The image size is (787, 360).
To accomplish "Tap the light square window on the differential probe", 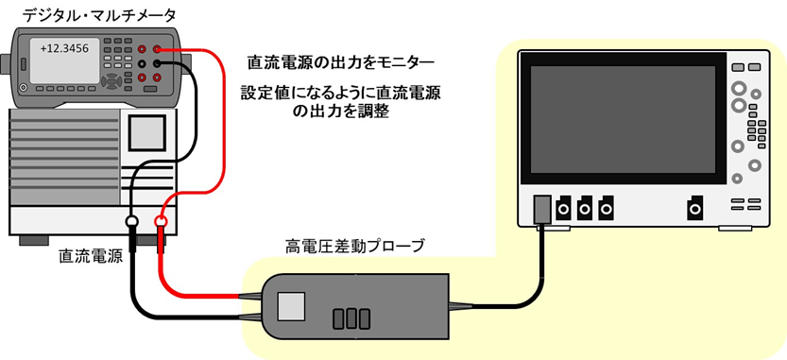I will coord(292,304).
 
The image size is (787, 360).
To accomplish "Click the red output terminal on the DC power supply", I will coord(162,224).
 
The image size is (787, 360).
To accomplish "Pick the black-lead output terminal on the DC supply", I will coord(131,224).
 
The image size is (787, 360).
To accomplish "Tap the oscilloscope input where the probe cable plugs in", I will coord(542,208).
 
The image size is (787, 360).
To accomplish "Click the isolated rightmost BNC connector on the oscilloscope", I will coord(694,207).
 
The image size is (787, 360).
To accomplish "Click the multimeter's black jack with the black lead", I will coord(157,63).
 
